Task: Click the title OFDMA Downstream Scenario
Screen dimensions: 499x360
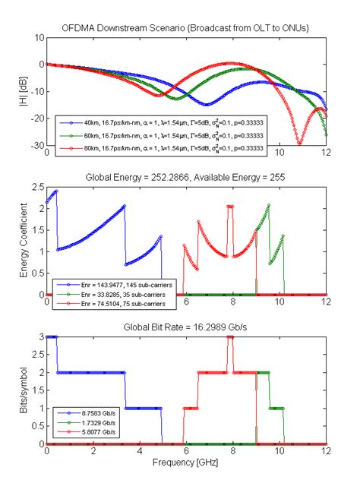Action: coord(187,29)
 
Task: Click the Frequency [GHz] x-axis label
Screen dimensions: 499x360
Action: coord(187,462)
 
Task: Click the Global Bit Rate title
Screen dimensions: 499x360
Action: coord(187,328)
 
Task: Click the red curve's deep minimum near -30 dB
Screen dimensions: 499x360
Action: coord(299,143)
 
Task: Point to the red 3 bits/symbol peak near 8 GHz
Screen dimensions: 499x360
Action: coord(230,337)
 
